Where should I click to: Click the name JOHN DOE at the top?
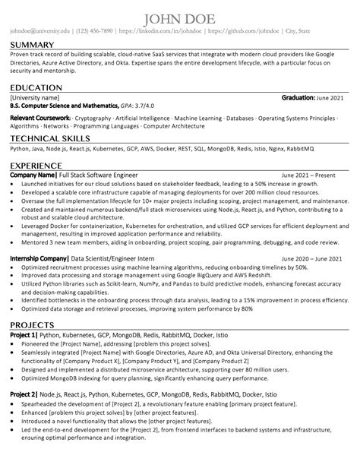pyautogui.click(x=180, y=17)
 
